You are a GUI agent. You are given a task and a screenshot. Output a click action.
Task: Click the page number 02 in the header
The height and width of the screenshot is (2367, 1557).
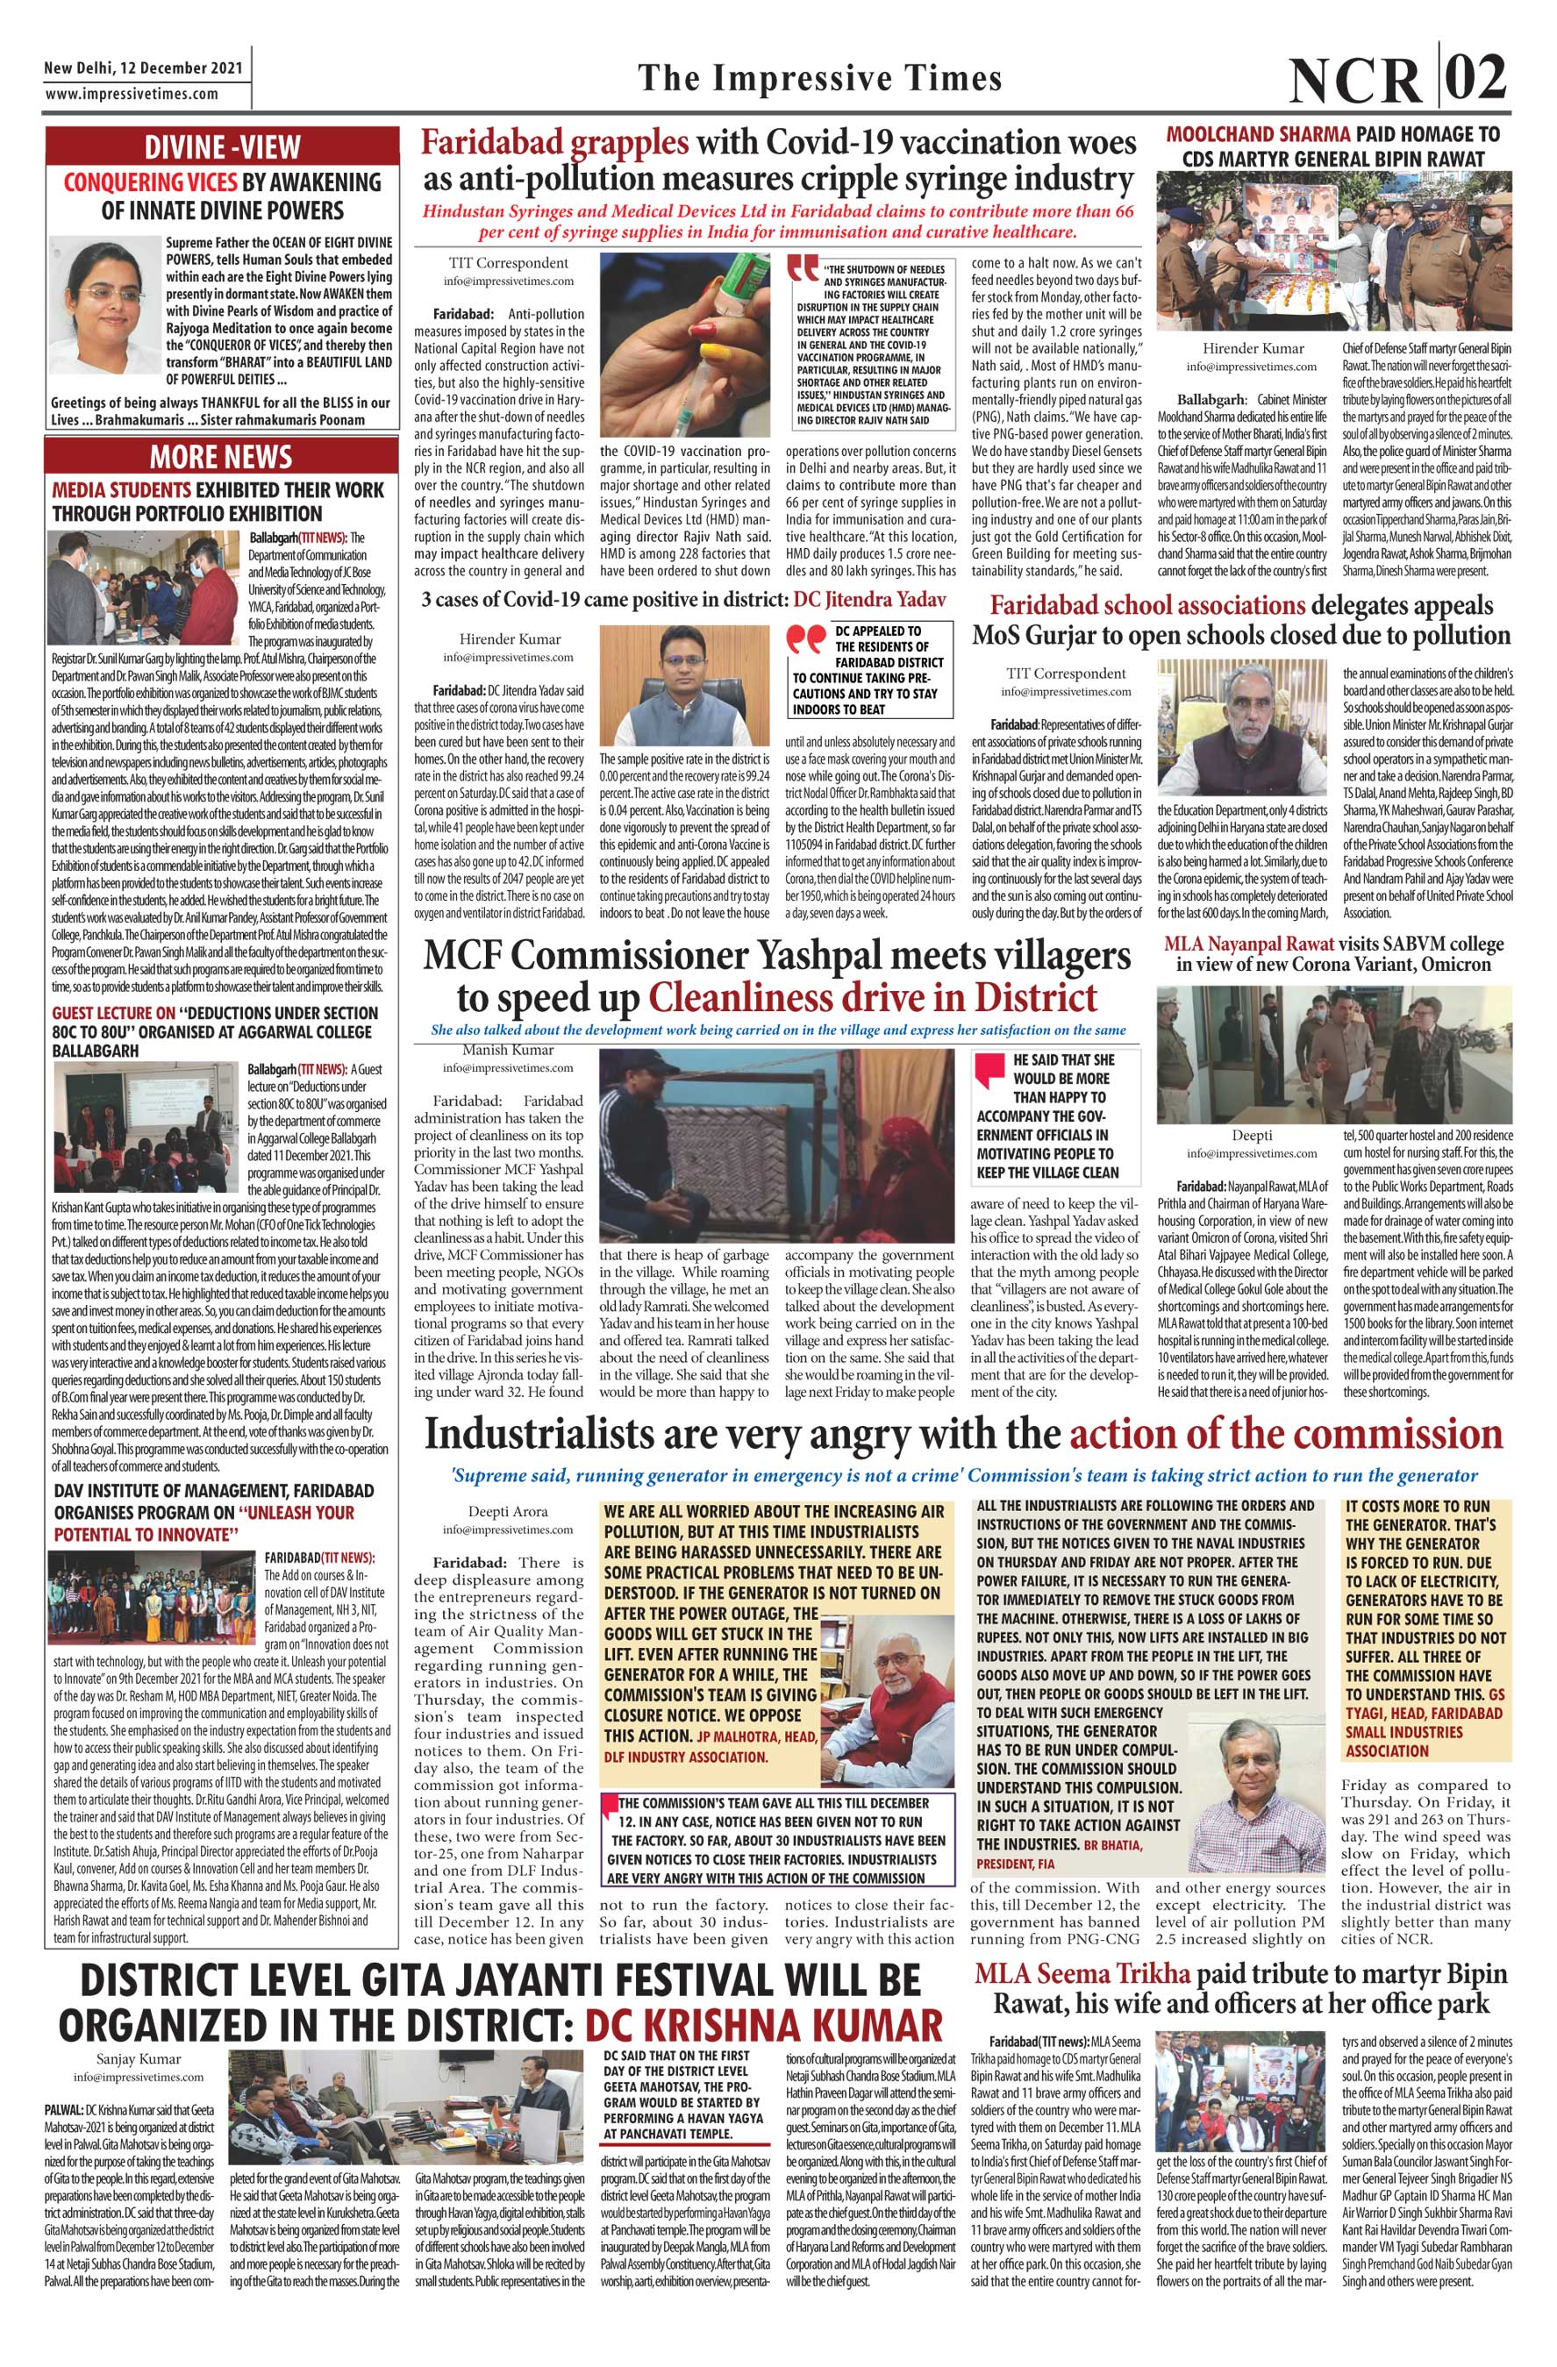pos(1475,76)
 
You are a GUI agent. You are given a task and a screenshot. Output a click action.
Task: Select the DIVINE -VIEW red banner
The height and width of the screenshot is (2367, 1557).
pos(221,146)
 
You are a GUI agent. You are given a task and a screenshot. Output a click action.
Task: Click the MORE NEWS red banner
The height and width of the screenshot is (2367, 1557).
pos(221,457)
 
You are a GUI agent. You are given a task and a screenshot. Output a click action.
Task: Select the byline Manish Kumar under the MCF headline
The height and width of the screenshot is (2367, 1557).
pos(509,1049)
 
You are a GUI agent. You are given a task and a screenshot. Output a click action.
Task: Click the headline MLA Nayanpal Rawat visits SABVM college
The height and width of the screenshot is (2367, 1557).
pos(1333,952)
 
